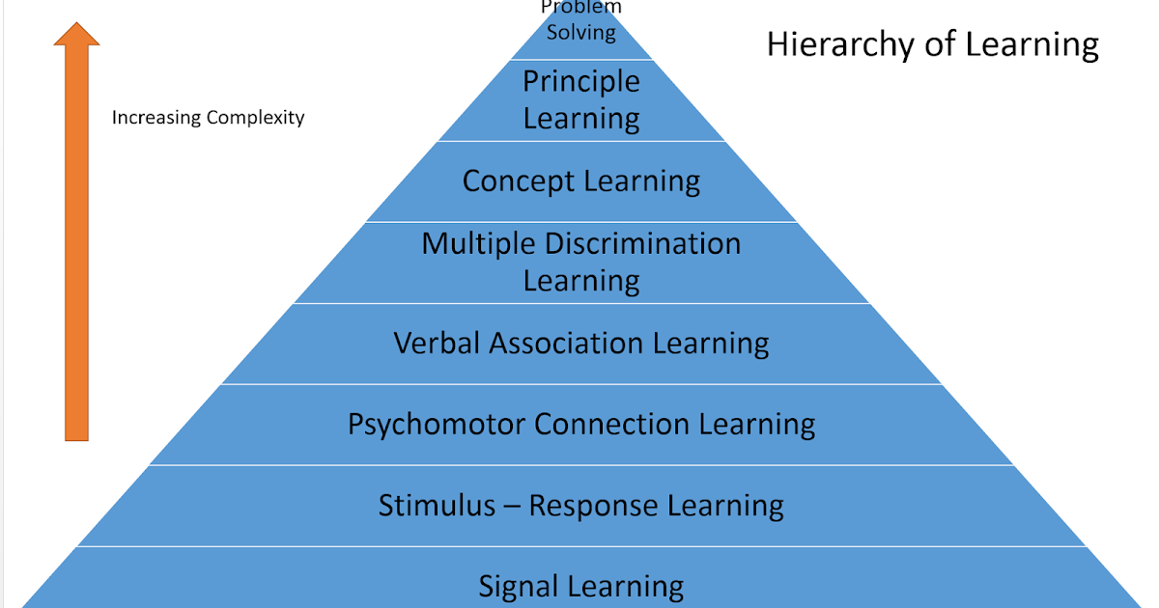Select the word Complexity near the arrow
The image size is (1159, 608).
256,118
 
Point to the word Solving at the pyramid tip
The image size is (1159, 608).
581,32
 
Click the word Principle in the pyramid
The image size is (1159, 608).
581,81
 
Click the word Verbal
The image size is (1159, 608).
438,343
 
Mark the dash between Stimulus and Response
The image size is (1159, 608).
513,507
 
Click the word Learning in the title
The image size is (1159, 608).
1033,45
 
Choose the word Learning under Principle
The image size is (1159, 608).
581,120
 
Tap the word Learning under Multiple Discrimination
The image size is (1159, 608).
581,282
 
